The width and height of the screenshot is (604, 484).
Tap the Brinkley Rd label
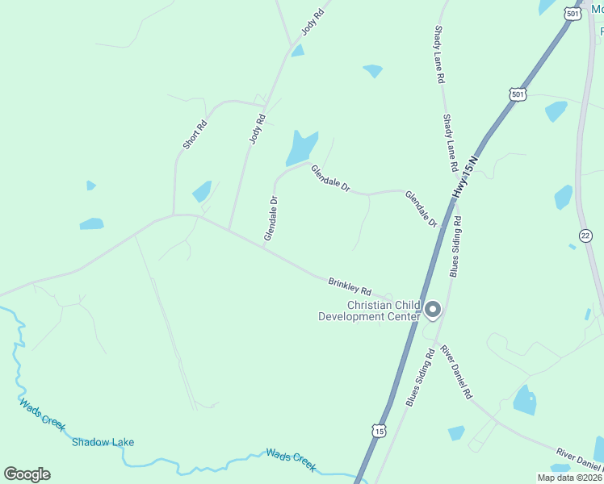click(x=350, y=286)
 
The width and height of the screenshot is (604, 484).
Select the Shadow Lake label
click(x=103, y=442)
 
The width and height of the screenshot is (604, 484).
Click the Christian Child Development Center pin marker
click(x=433, y=310)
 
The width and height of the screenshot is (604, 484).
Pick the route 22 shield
click(x=585, y=235)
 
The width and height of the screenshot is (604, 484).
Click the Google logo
click(x=27, y=474)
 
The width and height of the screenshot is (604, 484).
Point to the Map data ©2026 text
click(x=570, y=478)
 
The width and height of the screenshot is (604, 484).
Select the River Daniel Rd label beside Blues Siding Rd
click(x=455, y=372)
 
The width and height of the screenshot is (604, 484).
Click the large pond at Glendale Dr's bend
click(x=300, y=147)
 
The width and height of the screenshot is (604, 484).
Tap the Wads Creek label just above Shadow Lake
click(x=41, y=415)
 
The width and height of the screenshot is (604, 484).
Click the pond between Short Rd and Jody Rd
click(x=202, y=191)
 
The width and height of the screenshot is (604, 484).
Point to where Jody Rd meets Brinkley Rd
click(x=229, y=231)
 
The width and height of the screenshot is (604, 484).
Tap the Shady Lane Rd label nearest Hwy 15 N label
click(x=451, y=142)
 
